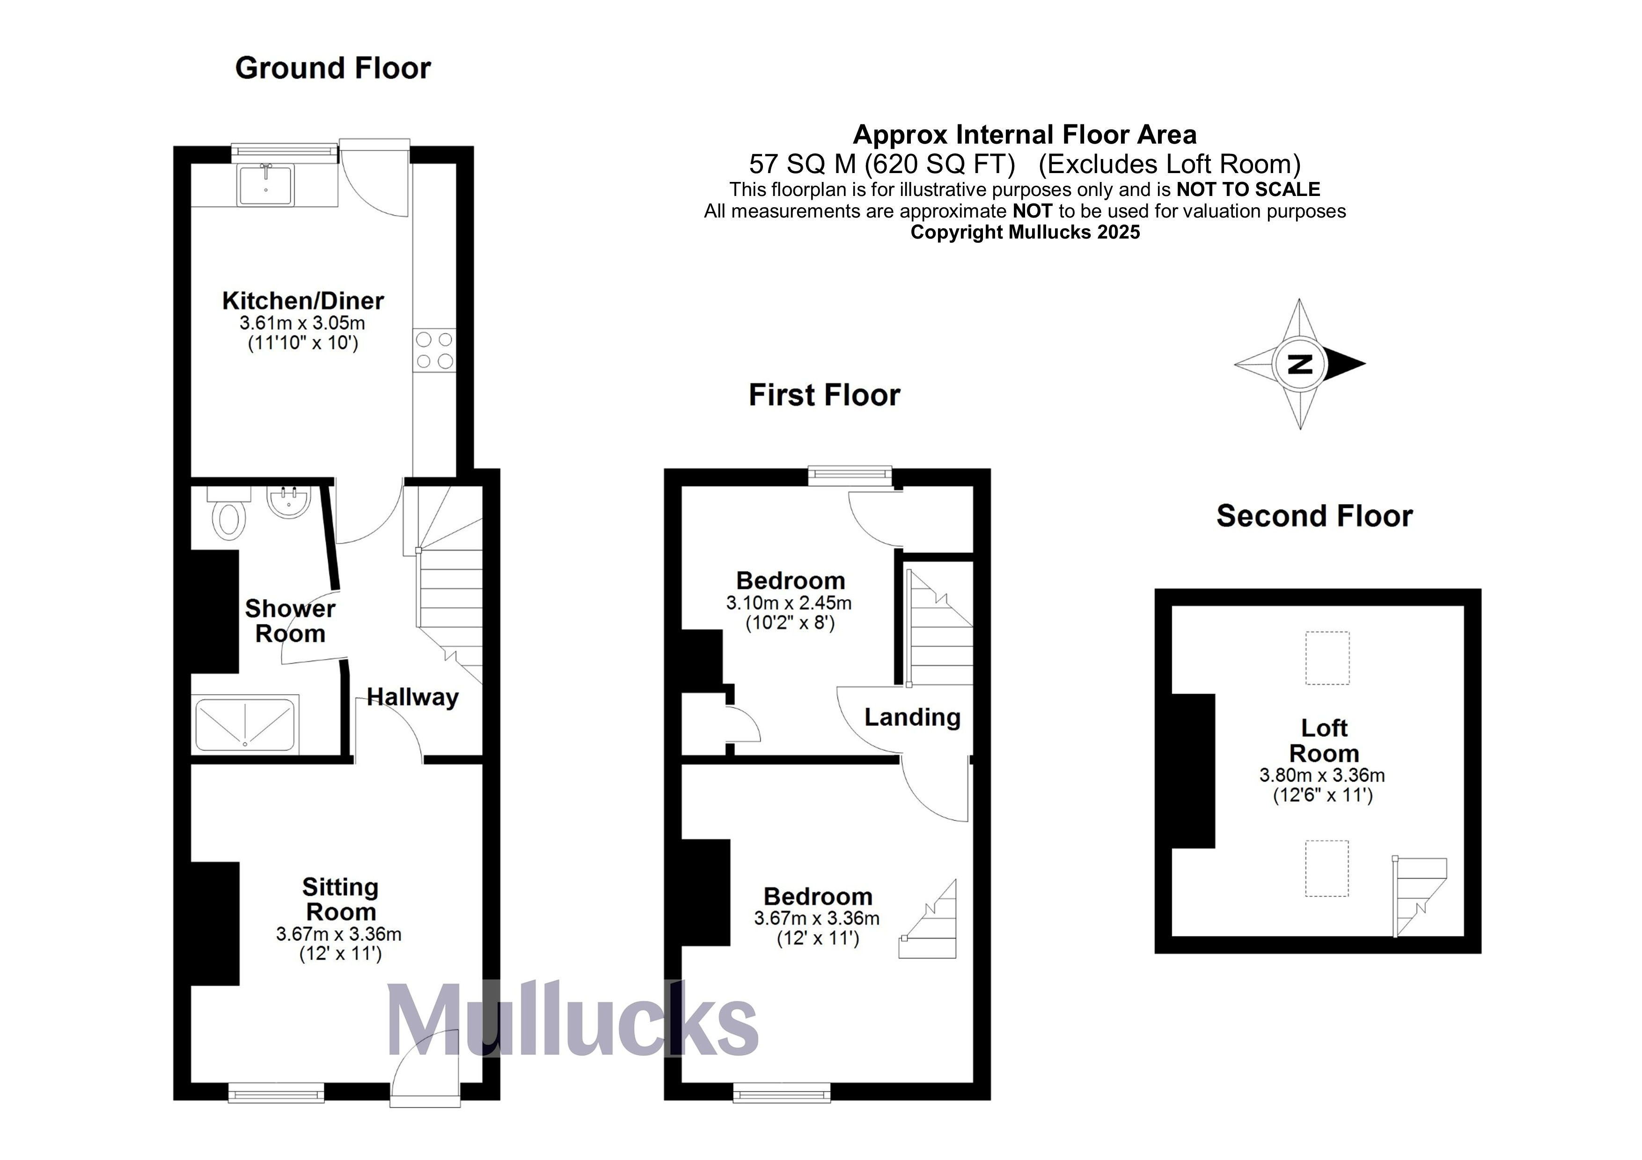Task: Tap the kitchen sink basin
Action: pos(266,184)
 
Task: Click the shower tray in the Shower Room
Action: pos(245,725)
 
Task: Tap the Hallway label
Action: pos(413,697)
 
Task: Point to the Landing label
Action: pos(912,717)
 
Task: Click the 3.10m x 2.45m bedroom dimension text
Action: pos(788,602)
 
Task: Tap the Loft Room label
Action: pos(1323,740)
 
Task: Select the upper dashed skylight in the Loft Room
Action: pos(1327,658)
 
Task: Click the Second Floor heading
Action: pos(1314,516)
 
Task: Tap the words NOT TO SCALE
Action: pos(1248,189)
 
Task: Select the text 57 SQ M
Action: pos(802,164)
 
